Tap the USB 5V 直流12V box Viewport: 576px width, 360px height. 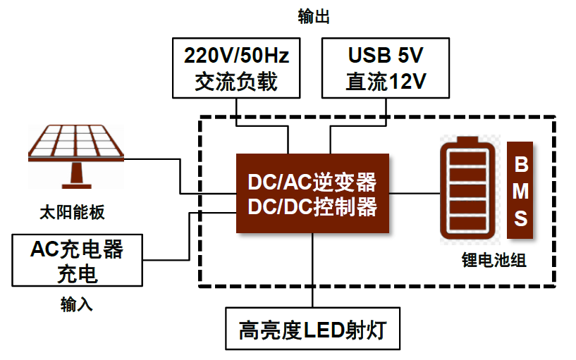(x=386, y=68)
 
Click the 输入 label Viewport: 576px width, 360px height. (x=77, y=304)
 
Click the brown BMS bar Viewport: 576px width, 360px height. (x=520, y=191)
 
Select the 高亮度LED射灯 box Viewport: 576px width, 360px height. (x=312, y=329)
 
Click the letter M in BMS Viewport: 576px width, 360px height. (x=520, y=192)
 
